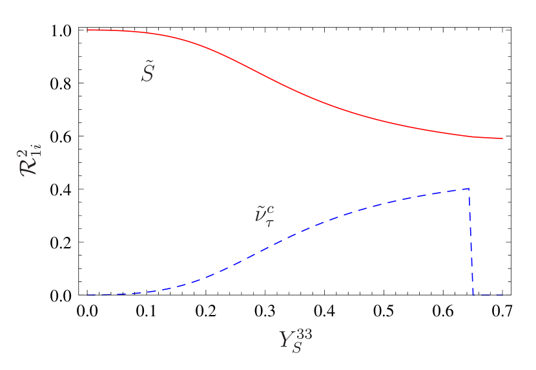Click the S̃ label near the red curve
coord(148,73)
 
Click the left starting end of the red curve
coord(88,30)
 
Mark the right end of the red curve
coord(502,138)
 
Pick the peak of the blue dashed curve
coord(468,188)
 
